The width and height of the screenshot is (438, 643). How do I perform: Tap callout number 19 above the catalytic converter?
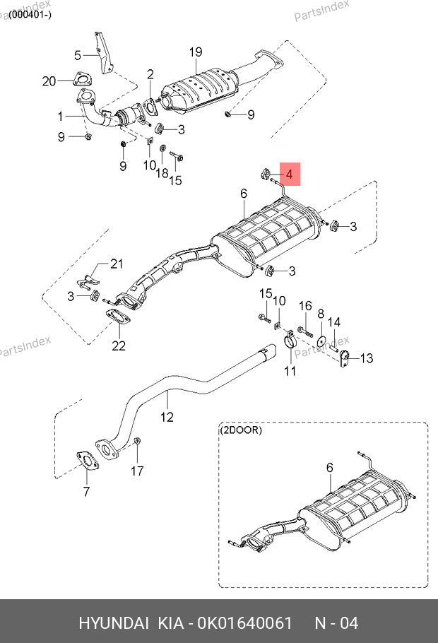click(x=196, y=52)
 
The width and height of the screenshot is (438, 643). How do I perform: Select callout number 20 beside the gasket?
click(x=49, y=81)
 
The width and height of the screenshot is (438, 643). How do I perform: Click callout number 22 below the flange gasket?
click(x=118, y=346)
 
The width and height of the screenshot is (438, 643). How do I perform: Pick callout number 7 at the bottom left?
click(x=86, y=491)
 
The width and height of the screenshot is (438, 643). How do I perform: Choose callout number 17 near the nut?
click(x=138, y=470)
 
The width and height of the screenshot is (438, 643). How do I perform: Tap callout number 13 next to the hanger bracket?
click(x=366, y=358)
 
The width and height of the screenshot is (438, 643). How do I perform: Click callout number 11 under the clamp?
click(x=290, y=371)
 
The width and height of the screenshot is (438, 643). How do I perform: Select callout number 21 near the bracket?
click(x=116, y=264)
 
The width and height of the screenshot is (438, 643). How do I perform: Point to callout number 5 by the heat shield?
click(x=78, y=54)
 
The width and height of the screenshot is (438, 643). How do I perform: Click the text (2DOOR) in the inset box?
click(x=241, y=430)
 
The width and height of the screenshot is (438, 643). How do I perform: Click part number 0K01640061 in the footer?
click(x=245, y=623)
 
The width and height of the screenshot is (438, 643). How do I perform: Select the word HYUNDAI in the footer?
click(x=113, y=623)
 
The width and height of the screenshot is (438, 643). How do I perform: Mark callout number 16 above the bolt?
click(x=304, y=306)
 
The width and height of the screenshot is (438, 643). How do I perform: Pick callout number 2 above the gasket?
click(x=150, y=74)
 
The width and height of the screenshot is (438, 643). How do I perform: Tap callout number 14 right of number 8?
click(x=334, y=322)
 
